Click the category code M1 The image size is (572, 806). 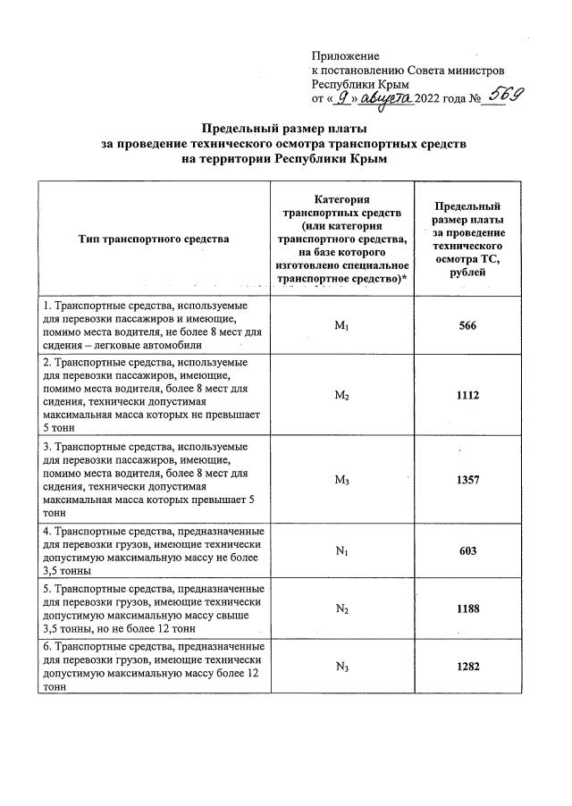pyautogui.click(x=341, y=326)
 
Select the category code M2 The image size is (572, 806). pyautogui.click(x=341, y=395)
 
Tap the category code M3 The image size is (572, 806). pyautogui.click(x=341, y=480)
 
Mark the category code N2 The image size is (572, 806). pyautogui.click(x=341, y=609)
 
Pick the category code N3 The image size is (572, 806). pyautogui.click(x=341, y=666)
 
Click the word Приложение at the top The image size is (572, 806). pyautogui.click(x=345, y=55)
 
